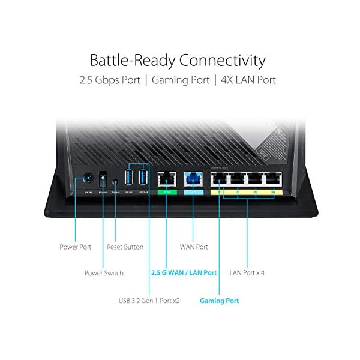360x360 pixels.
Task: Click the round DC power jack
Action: click(x=88, y=178)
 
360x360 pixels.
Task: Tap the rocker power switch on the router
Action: click(x=103, y=178)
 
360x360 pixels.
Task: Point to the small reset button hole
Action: click(x=115, y=179)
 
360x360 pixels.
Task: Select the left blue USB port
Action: click(x=129, y=177)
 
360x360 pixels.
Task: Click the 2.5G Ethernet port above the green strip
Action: click(x=164, y=178)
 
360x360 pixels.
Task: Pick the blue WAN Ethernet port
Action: click(x=193, y=178)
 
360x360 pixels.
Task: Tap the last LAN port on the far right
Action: click(x=274, y=178)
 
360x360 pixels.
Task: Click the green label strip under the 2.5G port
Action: click(x=164, y=193)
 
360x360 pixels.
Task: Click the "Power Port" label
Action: click(x=76, y=247)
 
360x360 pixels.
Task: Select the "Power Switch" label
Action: click(x=104, y=273)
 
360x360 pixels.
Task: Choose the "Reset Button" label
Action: click(x=125, y=247)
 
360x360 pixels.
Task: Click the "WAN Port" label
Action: click(x=194, y=247)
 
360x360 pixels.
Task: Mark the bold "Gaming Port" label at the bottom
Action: click(x=219, y=300)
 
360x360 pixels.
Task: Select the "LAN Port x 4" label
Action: click(x=247, y=273)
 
